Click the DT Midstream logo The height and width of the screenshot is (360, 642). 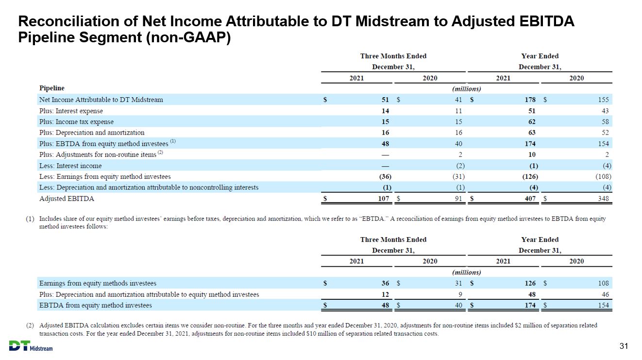pos(31,346)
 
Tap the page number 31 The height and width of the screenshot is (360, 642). pos(624,346)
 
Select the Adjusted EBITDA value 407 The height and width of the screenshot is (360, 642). pos(530,198)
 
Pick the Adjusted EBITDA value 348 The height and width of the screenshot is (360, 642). pos(603,198)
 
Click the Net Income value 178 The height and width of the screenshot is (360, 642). pos(530,100)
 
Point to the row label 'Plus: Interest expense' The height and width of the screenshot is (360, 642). pos(71,111)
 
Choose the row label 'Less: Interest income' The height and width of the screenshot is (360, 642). pos(70,166)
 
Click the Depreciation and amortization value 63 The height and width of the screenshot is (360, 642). pos(532,133)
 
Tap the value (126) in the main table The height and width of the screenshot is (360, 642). pos(530,176)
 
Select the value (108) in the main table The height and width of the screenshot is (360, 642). pos(603,176)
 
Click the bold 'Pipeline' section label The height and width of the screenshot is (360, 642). pos(52,88)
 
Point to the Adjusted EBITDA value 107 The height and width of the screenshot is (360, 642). pos(384,198)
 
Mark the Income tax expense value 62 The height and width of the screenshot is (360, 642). pos(532,121)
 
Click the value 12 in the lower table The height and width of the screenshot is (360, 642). pos(385,294)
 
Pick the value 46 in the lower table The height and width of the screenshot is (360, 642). pos(605,294)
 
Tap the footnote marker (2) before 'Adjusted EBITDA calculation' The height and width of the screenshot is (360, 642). pos(30,326)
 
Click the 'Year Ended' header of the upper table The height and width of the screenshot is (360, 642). pos(540,56)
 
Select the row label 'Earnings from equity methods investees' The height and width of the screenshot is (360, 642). pos(98,283)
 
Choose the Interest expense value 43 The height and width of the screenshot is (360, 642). pos(605,111)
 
